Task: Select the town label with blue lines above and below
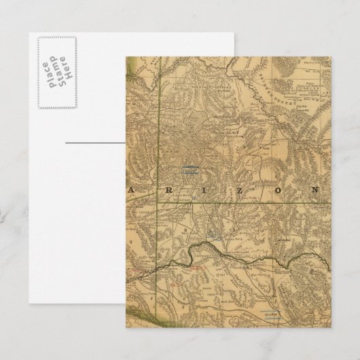click(191, 170)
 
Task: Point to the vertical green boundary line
click(161, 136)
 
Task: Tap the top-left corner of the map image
click(126, 56)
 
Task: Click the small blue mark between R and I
click(195, 195)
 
